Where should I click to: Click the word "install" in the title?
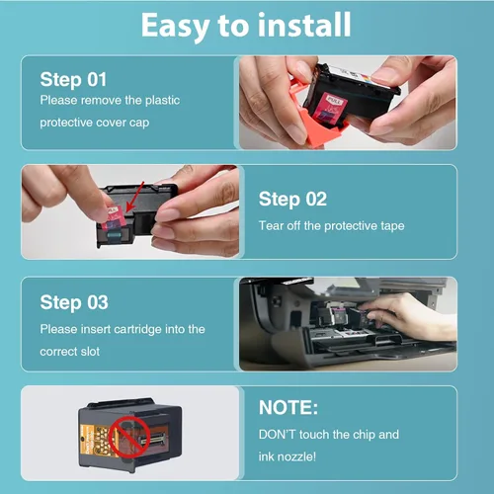304,25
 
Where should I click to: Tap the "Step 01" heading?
73,80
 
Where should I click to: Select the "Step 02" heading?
292,200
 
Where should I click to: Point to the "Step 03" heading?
74,302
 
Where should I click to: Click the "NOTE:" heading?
288,407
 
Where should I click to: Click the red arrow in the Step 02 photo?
135,197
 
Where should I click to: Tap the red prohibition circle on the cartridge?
129,437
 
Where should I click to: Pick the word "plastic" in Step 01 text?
163,100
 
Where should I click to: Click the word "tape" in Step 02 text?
392,226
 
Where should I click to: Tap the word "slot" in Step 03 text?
90,352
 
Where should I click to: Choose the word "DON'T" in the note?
278,435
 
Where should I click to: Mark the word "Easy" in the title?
175,27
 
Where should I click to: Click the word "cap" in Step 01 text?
139,123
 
